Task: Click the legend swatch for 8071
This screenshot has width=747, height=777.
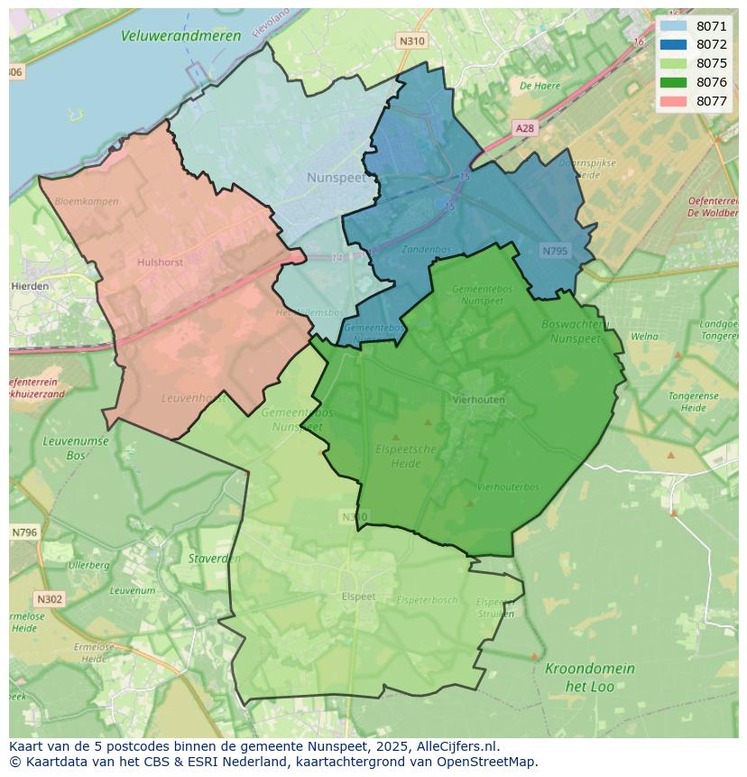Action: [x=673, y=26]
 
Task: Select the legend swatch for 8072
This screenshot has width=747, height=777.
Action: [x=673, y=44]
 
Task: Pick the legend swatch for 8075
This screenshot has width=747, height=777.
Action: [x=673, y=63]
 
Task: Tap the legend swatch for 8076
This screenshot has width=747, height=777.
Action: [x=673, y=82]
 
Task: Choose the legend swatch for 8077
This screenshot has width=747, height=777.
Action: [x=673, y=101]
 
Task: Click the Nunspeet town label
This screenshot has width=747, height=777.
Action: [x=337, y=178]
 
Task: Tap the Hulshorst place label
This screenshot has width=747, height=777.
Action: [x=160, y=263]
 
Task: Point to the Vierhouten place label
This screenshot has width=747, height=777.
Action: [x=479, y=399]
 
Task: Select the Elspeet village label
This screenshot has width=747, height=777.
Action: [x=358, y=597]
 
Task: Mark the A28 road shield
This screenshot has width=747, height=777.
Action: [x=524, y=128]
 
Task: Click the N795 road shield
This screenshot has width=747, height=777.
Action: [x=555, y=250]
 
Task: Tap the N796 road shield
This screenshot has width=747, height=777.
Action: [x=24, y=532]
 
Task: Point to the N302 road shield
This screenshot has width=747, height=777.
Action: [x=50, y=599]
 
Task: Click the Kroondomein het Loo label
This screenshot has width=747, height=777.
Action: [x=589, y=677]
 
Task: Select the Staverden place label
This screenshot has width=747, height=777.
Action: [x=214, y=559]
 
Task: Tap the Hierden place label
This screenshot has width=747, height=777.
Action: [x=31, y=286]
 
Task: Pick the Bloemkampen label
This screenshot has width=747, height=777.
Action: [x=86, y=201]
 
